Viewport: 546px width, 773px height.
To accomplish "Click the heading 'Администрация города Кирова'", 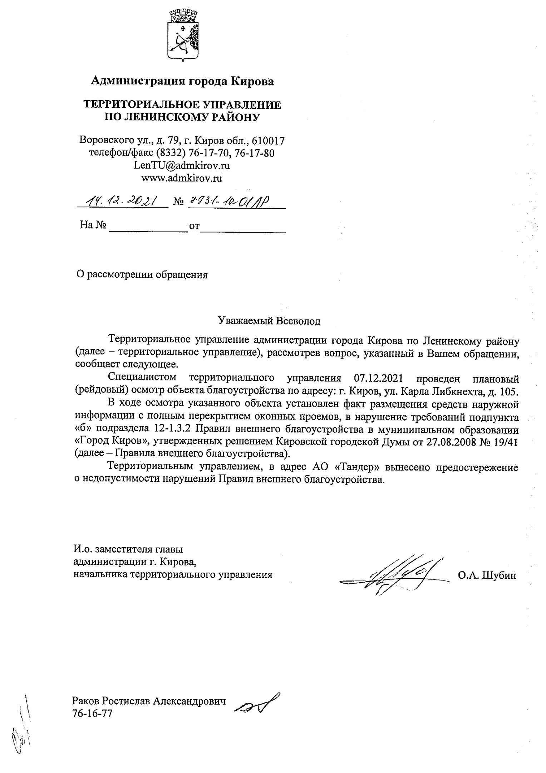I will tap(182, 82).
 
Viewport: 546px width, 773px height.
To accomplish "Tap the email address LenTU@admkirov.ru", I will tap(182, 165).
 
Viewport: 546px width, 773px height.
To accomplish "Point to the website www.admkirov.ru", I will tap(182, 178).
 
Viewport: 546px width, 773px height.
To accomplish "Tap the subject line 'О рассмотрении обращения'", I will tap(142, 274).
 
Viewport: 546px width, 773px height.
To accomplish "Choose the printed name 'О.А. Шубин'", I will tap(487, 575).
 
